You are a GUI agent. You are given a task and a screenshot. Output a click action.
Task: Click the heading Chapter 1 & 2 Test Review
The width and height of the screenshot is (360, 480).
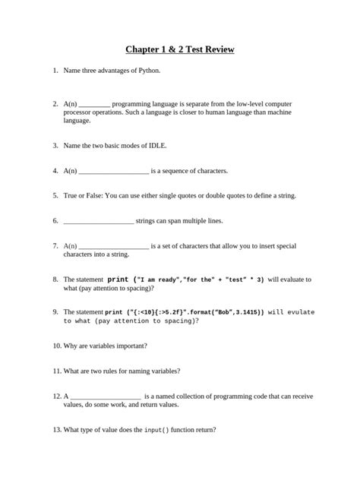click(x=180, y=50)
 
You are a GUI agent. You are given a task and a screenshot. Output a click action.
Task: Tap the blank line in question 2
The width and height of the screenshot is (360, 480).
click(x=94, y=103)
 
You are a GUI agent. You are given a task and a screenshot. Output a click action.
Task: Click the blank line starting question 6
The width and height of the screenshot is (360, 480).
click(x=99, y=221)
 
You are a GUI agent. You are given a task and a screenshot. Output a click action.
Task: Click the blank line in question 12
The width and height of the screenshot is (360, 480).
click(x=106, y=396)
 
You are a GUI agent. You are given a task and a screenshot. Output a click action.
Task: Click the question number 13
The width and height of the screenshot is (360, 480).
click(x=56, y=430)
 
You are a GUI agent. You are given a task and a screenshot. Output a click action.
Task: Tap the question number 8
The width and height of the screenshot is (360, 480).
click(x=55, y=279)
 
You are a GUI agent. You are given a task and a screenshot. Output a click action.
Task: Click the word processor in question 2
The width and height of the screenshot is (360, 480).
click(x=78, y=112)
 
